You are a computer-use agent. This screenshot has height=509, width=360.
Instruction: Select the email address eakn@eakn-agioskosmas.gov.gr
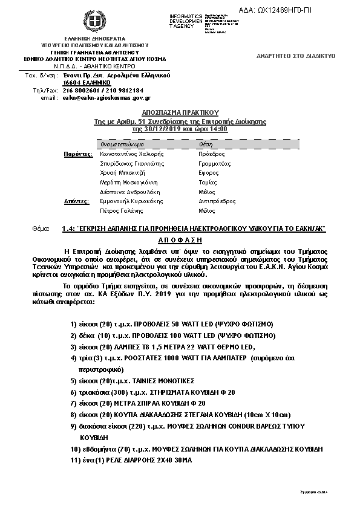tap(106, 97)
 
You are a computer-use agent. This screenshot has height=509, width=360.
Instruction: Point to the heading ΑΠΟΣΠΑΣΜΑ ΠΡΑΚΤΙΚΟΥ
tap(180, 112)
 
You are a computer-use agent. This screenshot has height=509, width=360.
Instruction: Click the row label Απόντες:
tap(77, 201)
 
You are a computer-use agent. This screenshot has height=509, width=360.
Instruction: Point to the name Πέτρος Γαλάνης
tap(121, 211)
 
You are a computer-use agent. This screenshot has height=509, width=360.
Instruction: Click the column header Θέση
tap(205, 145)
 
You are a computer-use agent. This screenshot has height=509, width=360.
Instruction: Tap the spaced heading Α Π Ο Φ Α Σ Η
tap(180, 239)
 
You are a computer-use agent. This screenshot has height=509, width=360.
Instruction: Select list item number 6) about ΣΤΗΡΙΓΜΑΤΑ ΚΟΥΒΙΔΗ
tap(152, 392)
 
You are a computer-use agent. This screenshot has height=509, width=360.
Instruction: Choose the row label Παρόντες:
tap(77, 154)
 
